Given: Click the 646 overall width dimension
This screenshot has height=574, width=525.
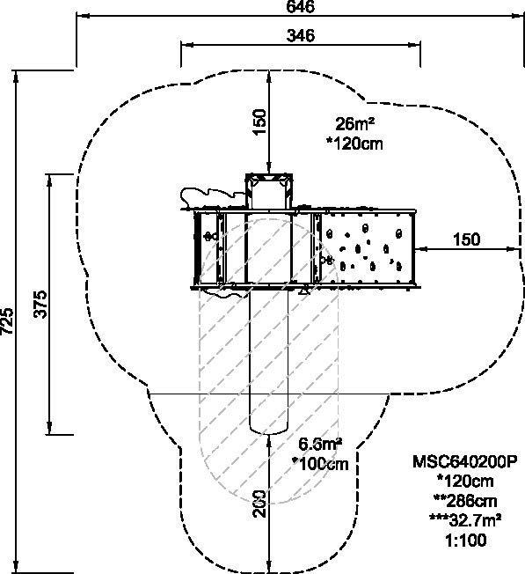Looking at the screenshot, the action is coord(300,6).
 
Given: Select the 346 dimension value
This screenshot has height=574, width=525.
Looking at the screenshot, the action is coord(300,35).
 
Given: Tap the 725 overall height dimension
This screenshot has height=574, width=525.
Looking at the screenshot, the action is coord(7,321).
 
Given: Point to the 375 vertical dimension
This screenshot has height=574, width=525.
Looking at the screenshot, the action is coord(40,305).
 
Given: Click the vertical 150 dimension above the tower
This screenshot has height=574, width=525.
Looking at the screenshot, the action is coord(259,121).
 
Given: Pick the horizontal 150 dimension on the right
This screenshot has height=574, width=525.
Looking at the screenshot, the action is coord(466,239).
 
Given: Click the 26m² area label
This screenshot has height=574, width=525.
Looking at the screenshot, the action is coord(355,124).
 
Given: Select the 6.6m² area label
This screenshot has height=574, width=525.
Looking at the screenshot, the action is coord(320,445).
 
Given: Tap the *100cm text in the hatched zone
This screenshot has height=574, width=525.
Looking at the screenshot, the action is coord(321,464).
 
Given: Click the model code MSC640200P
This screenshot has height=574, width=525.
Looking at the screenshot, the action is coord(465,461).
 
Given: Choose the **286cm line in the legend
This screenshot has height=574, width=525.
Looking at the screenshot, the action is coord(465,500).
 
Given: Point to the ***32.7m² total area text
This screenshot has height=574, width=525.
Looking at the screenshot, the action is coord(465,519).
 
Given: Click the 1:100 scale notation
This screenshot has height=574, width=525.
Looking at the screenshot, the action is coord(466,541).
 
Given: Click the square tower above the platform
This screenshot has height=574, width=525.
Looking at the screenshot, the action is coord(269,191).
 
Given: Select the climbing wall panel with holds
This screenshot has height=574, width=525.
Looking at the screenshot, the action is coord(367,248).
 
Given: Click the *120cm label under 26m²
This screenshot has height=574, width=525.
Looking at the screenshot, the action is coord(354,143).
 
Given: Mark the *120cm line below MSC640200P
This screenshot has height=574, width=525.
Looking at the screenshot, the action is coord(465,481).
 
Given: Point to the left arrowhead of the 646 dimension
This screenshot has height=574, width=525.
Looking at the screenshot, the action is coord(82,16).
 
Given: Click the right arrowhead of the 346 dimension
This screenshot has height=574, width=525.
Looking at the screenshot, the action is coord(414,45).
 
